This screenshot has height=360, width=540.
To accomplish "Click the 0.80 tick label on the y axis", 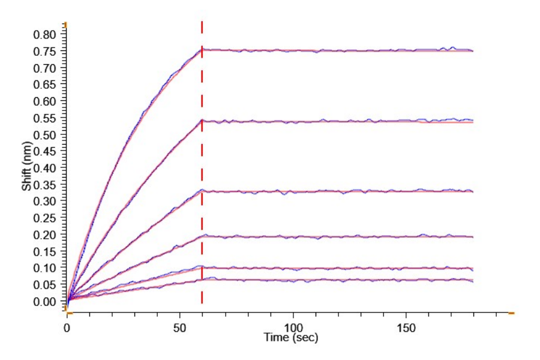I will (46, 34).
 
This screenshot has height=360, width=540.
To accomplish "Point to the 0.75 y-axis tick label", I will (46, 51).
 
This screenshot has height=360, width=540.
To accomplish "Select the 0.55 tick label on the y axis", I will (46, 118).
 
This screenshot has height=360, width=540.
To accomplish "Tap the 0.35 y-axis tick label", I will (46, 184).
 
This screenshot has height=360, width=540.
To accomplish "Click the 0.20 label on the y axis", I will (46, 235).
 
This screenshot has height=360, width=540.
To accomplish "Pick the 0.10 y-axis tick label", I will (46, 268).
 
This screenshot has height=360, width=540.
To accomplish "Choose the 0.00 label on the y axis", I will (46, 301).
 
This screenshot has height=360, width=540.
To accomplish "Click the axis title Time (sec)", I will (292, 338).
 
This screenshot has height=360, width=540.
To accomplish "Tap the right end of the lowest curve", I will (472, 280).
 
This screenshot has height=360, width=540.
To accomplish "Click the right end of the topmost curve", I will (472, 51).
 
